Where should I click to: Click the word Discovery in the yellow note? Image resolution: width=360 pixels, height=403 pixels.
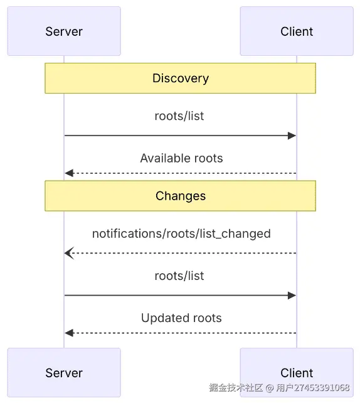pos(181,78)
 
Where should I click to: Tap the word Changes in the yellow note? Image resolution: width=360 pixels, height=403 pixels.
pos(181,196)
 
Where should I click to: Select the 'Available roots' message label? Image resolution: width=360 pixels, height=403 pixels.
pos(181,158)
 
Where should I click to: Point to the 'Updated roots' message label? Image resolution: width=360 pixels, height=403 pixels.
pos(181,318)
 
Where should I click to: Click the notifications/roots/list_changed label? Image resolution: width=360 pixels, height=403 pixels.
pos(181,234)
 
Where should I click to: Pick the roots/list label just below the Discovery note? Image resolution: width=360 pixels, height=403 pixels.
pos(179,116)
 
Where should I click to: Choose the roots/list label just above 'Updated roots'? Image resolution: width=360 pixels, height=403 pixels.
pos(179,276)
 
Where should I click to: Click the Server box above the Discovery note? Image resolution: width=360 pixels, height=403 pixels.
pos(64,31)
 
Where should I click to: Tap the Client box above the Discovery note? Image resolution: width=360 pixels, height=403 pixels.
pos(297,31)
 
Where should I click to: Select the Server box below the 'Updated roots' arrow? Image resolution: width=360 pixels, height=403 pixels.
pos(64,373)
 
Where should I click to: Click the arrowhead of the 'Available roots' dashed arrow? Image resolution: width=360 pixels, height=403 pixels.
pos(68,173)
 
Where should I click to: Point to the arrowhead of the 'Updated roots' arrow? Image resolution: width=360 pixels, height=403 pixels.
pos(68,333)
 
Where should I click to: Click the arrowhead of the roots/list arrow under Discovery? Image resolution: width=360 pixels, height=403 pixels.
pos(292,136)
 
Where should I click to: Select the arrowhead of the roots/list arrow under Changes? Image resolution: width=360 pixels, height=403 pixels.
pos(292,295)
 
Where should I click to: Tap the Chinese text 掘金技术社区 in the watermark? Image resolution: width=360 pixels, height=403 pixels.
pos(236,388)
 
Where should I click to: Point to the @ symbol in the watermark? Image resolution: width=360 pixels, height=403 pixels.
pos(270,388)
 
